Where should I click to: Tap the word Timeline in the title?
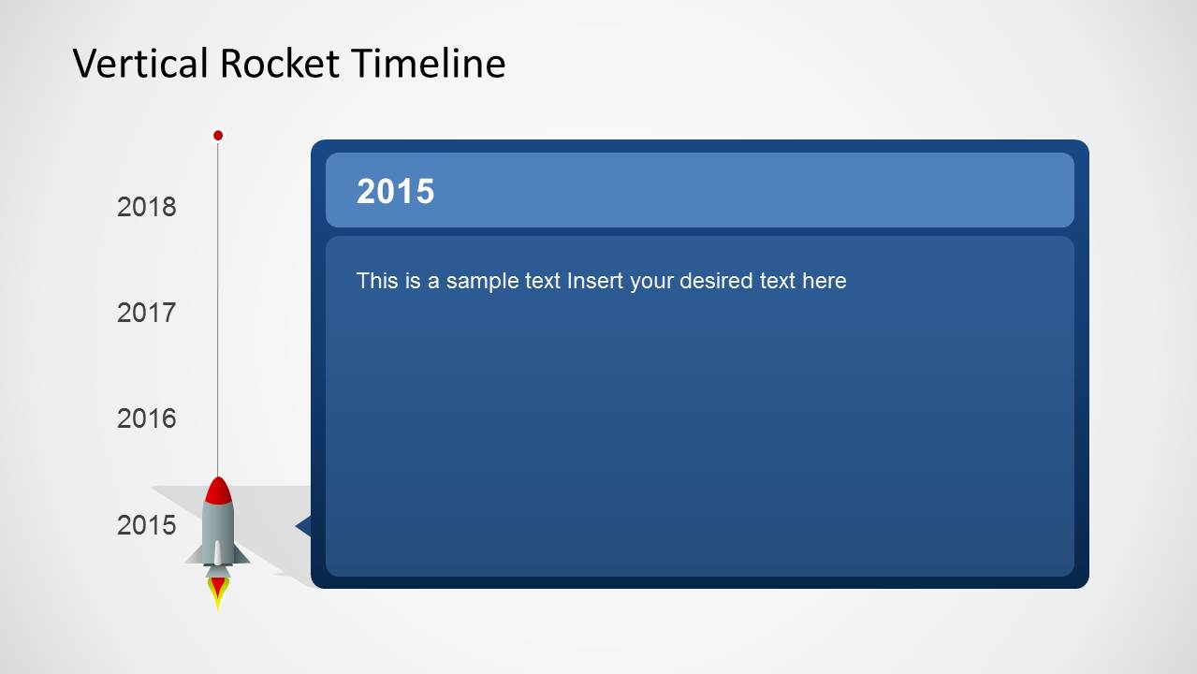pyautogui.click(x=429, y=64)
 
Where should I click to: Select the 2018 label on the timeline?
pyautogui.click(x=146, y=207)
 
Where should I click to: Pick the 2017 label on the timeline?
pyautogui.click(x=146, y=313)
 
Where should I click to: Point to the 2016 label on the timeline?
pyautogui.click(x=146, y=418)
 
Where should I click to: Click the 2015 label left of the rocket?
pyautogui.click(x=146, y=525)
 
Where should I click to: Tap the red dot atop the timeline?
pyautogui.click(x=218, y=136)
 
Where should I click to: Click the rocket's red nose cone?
pyautogui.click(x=218, y=491)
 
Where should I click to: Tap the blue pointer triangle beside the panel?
pyautogui.click(x=303, y=526)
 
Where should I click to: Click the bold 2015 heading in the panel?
pyautogui.click(x=395, y=191)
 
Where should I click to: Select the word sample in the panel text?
pyautogui.click(x=483, y=281)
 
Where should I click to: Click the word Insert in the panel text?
pyautogui.click(x=595, y=281)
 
